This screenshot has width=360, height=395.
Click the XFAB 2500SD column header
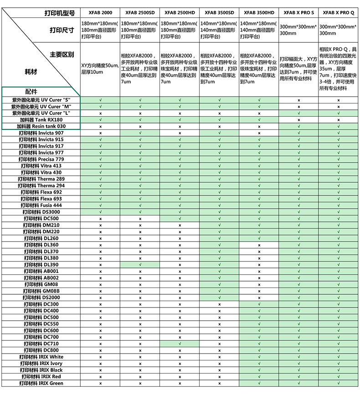[x=140, y=13]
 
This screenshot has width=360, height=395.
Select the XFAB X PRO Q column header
[x=339, y=13]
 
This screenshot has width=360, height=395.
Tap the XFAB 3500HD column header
[x=259, y=13]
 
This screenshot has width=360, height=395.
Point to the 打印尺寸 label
[x=62, y=30]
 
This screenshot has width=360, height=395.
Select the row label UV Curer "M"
[x=41, y=106]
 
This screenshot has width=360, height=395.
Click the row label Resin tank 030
[x=41, y=126]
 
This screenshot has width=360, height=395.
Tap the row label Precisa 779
[x=41, y=159]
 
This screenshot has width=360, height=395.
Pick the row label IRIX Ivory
[x=41, y=364]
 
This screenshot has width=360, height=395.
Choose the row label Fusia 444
[x=41, y=205]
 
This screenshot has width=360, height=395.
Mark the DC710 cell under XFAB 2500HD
[x=180, y=344]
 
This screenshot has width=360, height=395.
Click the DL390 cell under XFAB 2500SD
[x=140, y=265]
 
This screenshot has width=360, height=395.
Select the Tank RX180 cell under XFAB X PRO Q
[x=339, y=119]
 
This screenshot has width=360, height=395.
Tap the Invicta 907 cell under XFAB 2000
[x=100, y=133]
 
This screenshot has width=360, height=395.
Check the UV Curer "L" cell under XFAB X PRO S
[x=299, y=113]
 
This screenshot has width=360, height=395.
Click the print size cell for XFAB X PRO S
[x=299, y=30]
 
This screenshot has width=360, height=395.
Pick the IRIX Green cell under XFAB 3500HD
[x=259, y=383]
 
